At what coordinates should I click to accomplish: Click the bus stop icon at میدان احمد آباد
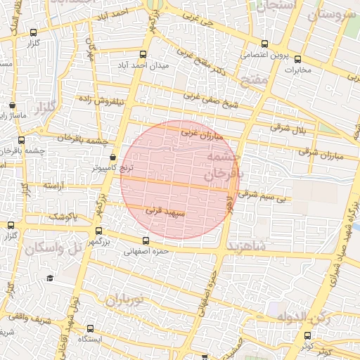pyautogui.click(x=143, y=55)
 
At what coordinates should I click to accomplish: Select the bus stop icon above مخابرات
pyautogui.click(x=297, y=59)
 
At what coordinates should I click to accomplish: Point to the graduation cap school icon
pyautogui.click(x=50, y=278)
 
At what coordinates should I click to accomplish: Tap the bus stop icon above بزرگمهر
pyautogui.click(x=98, y=231)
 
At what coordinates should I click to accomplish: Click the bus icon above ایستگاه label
pyautogui.click(x=90, y=328)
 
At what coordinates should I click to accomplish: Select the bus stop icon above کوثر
pyautogui.click(x=307, y=336)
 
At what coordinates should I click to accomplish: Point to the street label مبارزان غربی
pyautogui.click(x=201, y=131)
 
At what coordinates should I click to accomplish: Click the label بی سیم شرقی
pyautogui.click(x=263, y=198)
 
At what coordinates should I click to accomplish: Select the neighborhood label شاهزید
pyautogui.click(x=245, y=246)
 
